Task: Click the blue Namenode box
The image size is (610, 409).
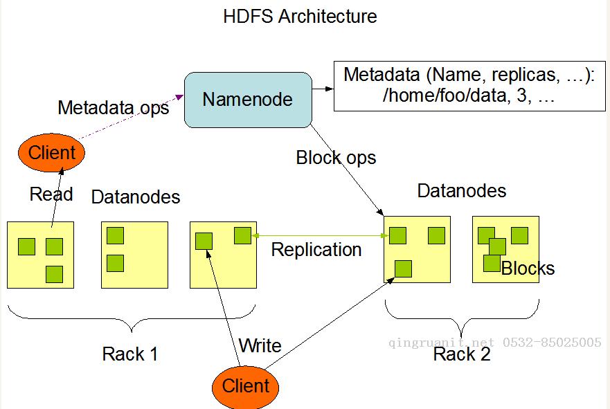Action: (x=248, y=100)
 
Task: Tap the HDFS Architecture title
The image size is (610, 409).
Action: (x=300, y=17)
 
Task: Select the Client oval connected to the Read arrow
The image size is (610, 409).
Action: (x=51, y=152)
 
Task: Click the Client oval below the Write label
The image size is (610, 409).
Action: (x=246, y=387)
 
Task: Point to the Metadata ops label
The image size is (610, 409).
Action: (x=114, y=108)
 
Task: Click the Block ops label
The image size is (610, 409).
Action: (x=336, y=158)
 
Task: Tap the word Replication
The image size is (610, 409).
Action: (x=316, y=250)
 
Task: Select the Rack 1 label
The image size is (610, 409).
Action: (x=130, y=354)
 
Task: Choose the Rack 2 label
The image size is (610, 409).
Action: (x=462, y=354)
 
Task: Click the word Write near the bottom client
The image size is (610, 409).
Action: (x=260, y=345)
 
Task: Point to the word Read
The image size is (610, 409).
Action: (x=51, y=194)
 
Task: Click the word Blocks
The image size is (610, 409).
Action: (x=528, y=269)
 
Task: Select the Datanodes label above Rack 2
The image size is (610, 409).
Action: (x=462, y=191)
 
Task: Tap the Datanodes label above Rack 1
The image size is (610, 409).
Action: (x=136, y=197)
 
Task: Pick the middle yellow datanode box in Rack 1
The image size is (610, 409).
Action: (x=134, y=255)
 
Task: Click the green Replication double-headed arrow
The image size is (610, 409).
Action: (x=320, y=235)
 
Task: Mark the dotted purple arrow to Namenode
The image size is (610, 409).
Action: (x=131, y=117)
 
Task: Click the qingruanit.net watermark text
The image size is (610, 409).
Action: (x=441, y=343)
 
